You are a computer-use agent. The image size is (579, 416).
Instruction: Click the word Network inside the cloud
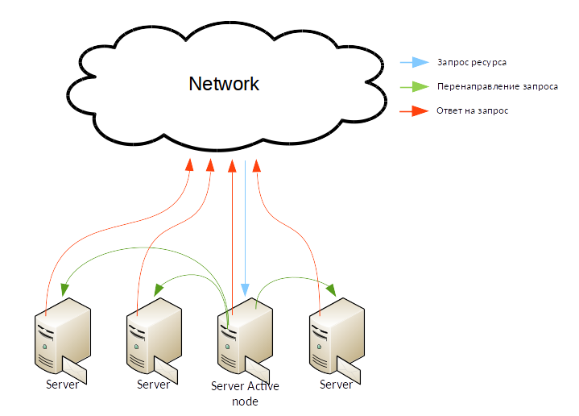[224, 84]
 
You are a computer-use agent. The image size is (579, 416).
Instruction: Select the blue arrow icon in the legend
[416, 62]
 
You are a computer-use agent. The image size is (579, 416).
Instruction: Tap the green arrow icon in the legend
[416, 86]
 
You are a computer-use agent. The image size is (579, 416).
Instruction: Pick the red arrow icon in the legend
[416, 110]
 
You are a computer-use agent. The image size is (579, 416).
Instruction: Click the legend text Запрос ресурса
[472, 62]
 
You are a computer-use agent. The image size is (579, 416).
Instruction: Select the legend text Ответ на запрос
[472, 110]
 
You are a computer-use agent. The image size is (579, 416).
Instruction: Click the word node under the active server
[245, 401]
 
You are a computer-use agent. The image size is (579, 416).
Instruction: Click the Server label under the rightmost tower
[336, 385]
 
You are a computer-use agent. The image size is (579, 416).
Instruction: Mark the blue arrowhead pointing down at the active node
[246, 289]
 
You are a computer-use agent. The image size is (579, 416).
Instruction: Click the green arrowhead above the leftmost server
[64, 286]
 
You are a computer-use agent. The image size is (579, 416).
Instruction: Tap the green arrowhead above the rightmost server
[332, 289]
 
